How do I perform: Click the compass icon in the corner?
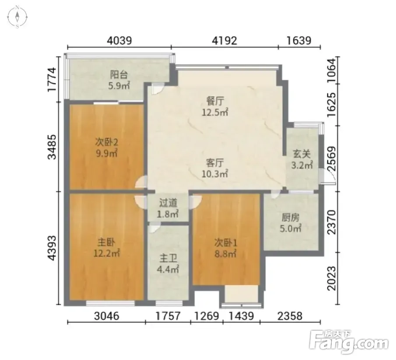click(x=17, y=17)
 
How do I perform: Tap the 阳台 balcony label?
click(x=119, y=75)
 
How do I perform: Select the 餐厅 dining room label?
click(x=215, y=101)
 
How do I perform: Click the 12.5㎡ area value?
click(x=215, y=112)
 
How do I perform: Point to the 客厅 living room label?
click(x=215, y=163)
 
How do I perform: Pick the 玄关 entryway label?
click(x=301, y=154)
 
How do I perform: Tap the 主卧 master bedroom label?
click(x=106, y=243)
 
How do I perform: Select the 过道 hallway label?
click(x=168, y=203)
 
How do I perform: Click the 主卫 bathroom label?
click(x=168, y=258)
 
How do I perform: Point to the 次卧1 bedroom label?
click(x=225, y=243)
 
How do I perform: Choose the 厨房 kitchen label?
click(x=291, y=217)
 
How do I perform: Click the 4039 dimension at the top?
click(x=119, y=40)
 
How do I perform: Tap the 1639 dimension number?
click(x=299, y=40)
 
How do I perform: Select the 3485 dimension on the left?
click(x=52, y=147)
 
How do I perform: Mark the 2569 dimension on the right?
click(x=332, y=159)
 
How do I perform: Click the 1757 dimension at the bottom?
click(x=168, y=316)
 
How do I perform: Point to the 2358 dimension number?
click(x=290, y=316)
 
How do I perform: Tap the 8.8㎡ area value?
click(x=225, y=254)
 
